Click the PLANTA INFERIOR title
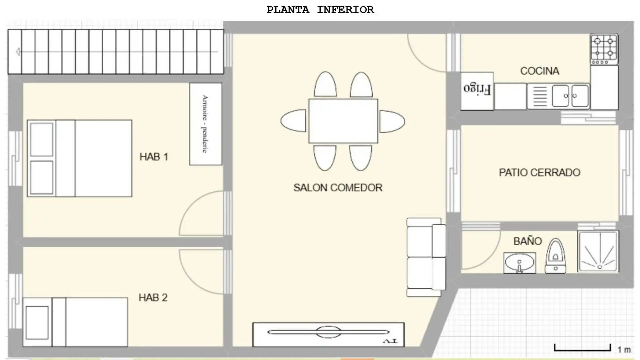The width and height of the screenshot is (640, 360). pyautogui.click(x=320, y=10)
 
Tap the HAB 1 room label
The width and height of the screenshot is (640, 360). pyautogui.click(x=154, y=157)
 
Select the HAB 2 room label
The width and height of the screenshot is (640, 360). pyautogui.click(x=153, y=297)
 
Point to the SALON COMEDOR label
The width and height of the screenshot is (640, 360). pyautogui.click(x=338, y=188)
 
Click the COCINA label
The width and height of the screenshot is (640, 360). pyautogui.click(x=540, y=71)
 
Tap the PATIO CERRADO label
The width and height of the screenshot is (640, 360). pyautogui.click(x=540, y=172)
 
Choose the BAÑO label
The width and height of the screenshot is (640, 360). pyautogui.click(x=528, y=241)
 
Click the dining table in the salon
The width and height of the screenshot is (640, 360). pyautogui.click(x=343, y=121)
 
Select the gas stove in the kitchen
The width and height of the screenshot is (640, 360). pyautogui.click(x=604, y=49)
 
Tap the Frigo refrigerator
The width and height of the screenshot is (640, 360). pyautogui.click(x=477, y=91)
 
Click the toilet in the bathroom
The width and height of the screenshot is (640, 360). pyautogui.click(x=555, y=256)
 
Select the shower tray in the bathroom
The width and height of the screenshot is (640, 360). pyautogui.click(x=598, y=251)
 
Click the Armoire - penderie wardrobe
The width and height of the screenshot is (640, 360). pyautogui.click(x=206, y=124)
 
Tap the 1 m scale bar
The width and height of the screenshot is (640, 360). pyautogui.click(x=582, y=348)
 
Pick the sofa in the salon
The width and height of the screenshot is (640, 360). pyautogui.click(x=426, y=257)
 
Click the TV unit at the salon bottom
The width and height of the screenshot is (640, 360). pyautogui.click(x=328, y=334)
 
